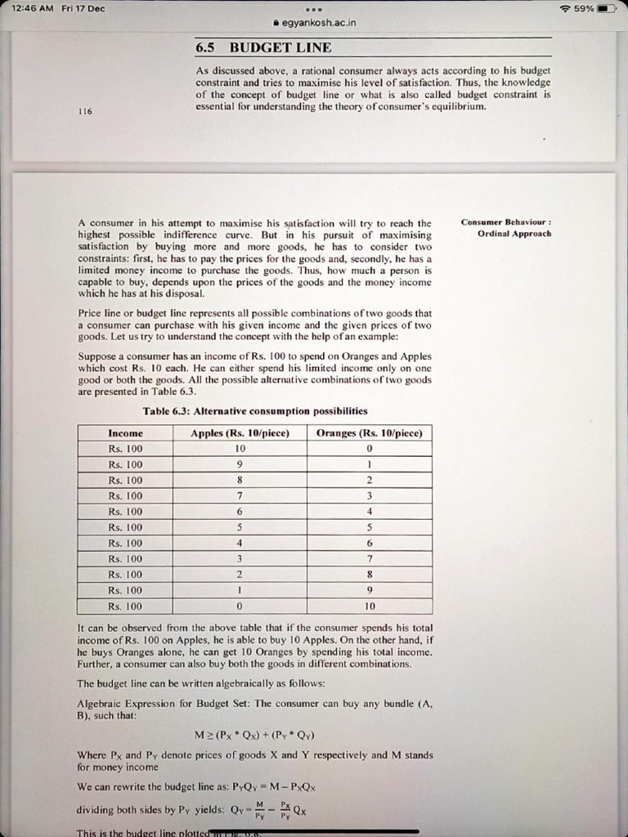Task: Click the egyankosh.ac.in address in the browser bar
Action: pos(318,23)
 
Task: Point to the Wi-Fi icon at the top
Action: pos(564,8)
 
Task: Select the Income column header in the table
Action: pos(125,433)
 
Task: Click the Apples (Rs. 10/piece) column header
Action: pos(240,433)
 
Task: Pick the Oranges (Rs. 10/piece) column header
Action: pos(369,433)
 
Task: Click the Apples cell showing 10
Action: pos(240,449)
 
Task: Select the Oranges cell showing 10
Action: pos(369,606)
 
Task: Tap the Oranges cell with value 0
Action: pos(369,449)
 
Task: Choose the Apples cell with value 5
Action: pos(240,527)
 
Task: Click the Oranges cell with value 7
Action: pos(369,559)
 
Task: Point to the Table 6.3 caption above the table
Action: pos(254,411)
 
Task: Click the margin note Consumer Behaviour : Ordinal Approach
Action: pos(506,227)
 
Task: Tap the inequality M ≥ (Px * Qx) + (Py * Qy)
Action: pos(255,734)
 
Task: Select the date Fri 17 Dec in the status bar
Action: pos(83,8)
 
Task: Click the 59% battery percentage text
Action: pos(585,8)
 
